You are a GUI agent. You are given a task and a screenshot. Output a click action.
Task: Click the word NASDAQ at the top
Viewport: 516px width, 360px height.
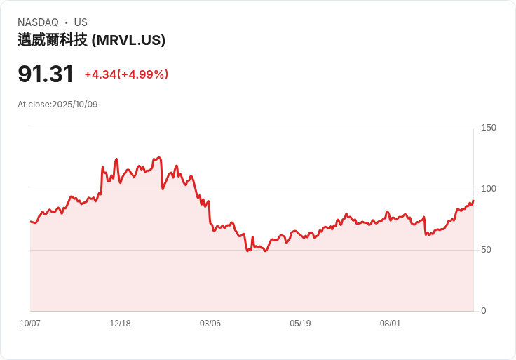coord(38,22)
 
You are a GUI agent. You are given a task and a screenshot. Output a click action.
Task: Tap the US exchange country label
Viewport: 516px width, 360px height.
coord(81,22)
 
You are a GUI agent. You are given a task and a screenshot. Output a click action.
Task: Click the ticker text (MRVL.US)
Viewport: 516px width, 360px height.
coord(128,40)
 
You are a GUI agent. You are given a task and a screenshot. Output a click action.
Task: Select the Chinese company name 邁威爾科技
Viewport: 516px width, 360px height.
coord(53,40)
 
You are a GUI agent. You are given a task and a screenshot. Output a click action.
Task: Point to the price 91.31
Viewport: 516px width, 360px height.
coord(46,74)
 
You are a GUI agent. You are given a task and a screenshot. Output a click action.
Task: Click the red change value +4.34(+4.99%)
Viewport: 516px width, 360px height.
coord(126,74)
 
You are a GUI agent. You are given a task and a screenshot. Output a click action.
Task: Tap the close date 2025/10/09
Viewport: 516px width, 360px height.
coord(75,105)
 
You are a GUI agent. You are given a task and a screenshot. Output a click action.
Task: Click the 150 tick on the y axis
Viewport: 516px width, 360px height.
coord(488,128)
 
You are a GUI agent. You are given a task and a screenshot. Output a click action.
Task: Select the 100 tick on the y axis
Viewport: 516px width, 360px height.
coord(488,189)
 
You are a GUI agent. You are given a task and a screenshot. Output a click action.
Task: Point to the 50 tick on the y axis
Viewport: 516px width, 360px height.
coord(485,250)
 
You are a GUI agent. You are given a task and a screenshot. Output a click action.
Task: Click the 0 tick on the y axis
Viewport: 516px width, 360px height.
coord(483,311)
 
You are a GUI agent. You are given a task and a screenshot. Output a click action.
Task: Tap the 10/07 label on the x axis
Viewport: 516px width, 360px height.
coord(30,324)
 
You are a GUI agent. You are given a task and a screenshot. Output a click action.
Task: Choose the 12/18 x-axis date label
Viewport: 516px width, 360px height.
coord(120,324)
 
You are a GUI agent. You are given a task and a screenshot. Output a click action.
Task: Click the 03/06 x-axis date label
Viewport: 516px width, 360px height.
coord(210,324)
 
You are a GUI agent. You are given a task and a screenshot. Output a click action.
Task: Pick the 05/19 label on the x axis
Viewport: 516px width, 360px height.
coord(300,324)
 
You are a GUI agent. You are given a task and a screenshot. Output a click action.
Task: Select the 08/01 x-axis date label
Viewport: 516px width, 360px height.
coord(391,324)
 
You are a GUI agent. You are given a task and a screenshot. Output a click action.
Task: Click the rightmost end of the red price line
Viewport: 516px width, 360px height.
coord(473,201)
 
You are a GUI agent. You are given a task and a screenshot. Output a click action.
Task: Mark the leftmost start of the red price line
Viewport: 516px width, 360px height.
coord(31,222)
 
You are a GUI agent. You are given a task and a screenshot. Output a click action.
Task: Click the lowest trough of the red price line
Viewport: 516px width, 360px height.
coord(265,251)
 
